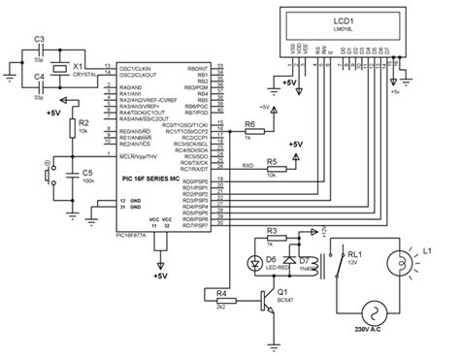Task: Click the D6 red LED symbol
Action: [255, 263]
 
